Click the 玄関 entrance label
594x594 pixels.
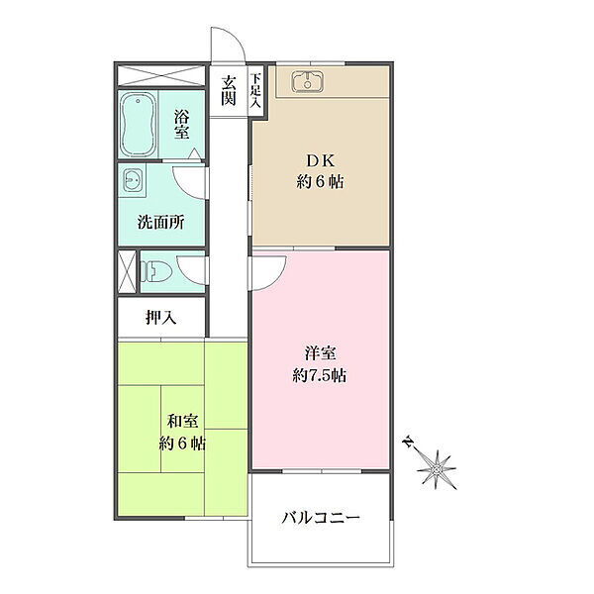[x=229, y=90]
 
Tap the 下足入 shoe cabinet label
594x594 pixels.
[x=255, y=90]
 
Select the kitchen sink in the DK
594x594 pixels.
[x=308, y=82]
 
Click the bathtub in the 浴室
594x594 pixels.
[x=138, y=125]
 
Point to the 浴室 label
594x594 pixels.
[x=182, y=124]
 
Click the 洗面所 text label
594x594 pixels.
[x=161, y=222]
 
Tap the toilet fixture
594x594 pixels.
[x=155, y=271]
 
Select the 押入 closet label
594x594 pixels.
[x=161, y=318]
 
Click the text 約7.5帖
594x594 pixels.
[x=320, y=376]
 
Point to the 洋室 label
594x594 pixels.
[x=320, y=353]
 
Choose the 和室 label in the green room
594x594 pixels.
[x=182, y=421]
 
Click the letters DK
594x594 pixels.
[x=321, y=161]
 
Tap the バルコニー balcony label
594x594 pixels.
[x=321, y=517]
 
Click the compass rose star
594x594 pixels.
[x=437, y=469]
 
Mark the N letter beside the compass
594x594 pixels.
[x=408, y=442]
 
